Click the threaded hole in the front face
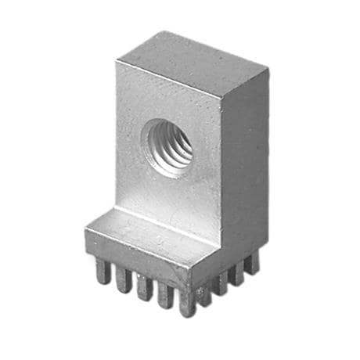[169, 146]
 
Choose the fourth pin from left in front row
[165, 294]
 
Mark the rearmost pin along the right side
[252, 262]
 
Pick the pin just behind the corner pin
[205, 293]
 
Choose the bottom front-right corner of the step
[190, 286]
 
